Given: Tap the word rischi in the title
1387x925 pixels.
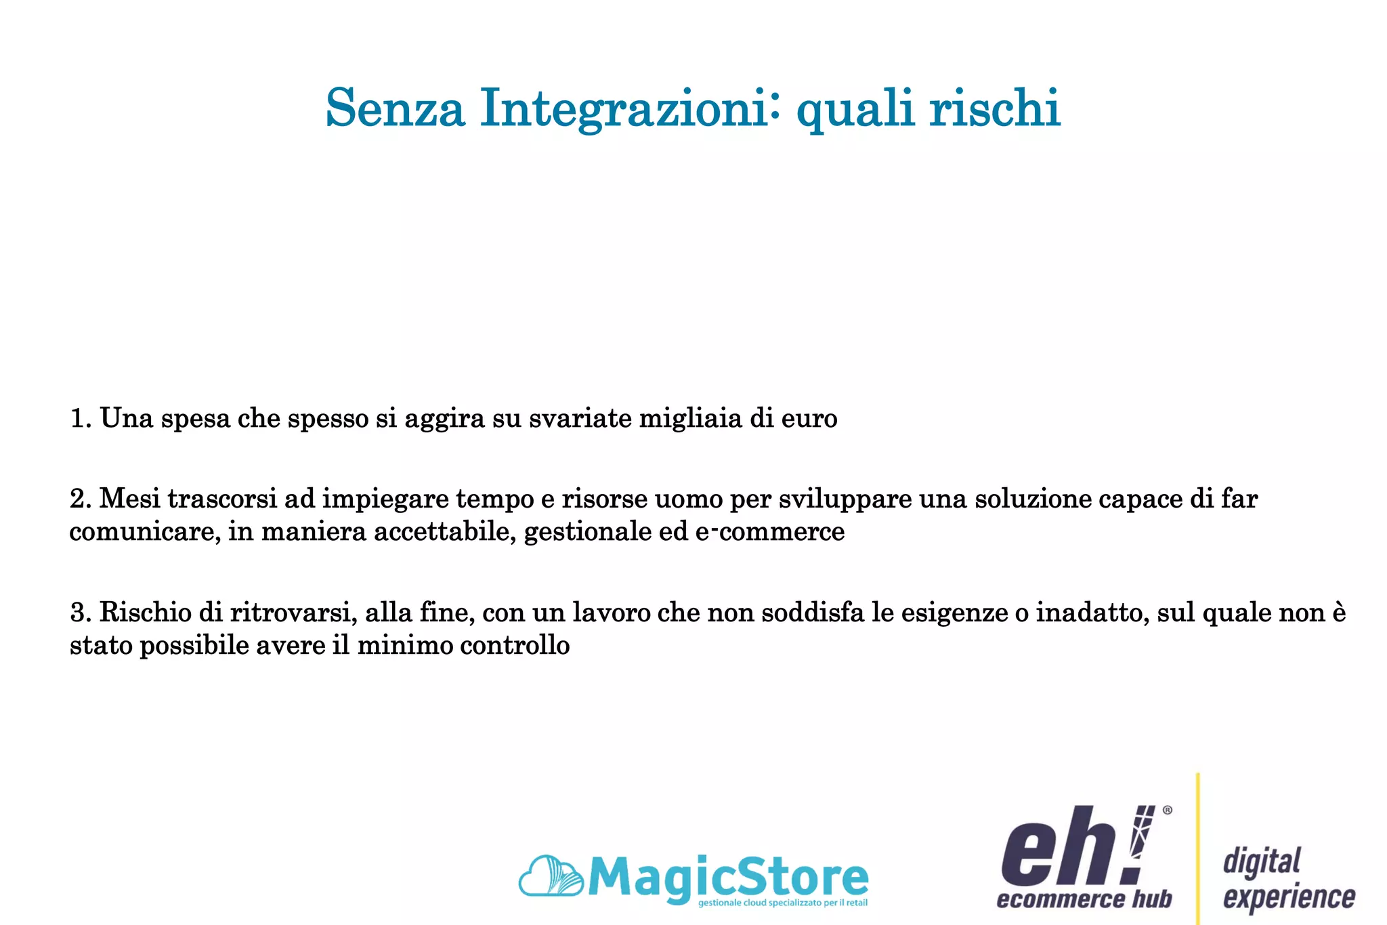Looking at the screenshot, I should [994, 108].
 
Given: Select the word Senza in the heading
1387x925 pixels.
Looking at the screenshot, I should [395, 108].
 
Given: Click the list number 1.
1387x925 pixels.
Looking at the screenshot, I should [79, 419].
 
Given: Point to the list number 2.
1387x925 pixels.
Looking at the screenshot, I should [79, 499].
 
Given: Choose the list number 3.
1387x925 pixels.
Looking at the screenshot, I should [80, 613].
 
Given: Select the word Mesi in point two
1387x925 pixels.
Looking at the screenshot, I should [129, 499].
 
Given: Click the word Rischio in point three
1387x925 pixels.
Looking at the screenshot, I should [145, 613].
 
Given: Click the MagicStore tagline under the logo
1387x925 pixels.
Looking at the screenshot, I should [782, 903].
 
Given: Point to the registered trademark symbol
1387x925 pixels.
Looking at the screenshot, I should [1167, 810].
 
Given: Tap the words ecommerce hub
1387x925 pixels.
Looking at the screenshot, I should [1084, 900].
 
